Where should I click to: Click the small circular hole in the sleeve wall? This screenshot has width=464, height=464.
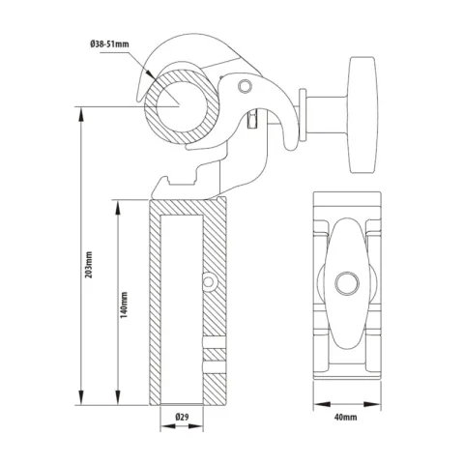207,281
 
